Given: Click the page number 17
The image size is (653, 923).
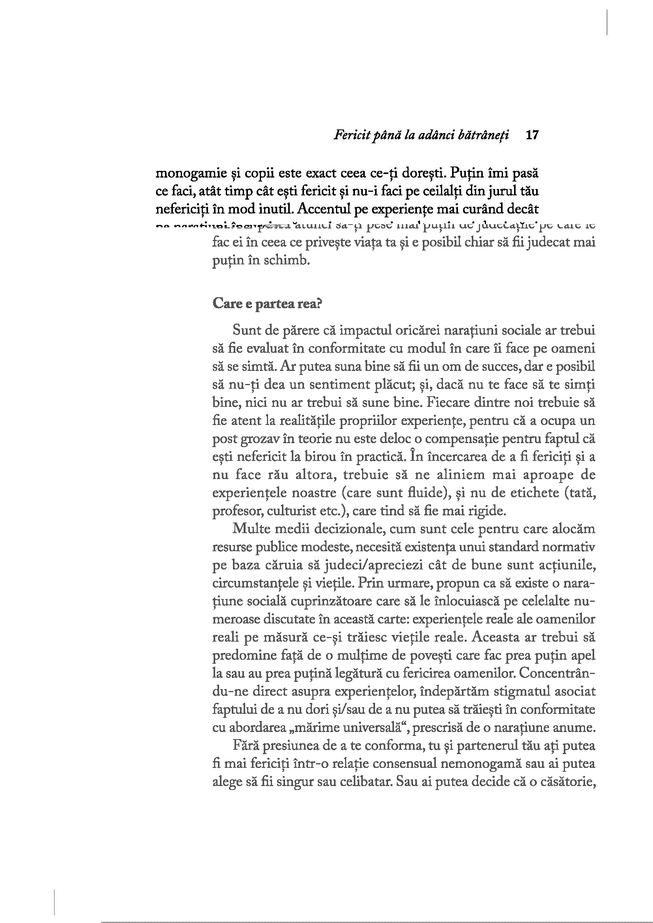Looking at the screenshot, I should [x=532, y=135].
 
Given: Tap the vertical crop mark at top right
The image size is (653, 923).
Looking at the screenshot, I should [x=607, y=22].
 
